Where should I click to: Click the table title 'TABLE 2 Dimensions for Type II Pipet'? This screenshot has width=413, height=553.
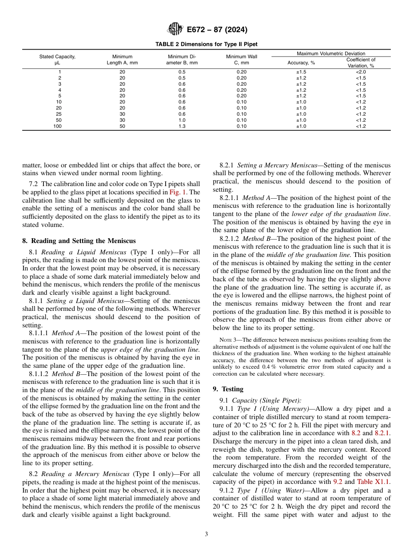[206, 44]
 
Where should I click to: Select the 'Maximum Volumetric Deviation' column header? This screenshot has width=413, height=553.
[331, 53]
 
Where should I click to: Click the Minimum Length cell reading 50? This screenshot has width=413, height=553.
[122, 126]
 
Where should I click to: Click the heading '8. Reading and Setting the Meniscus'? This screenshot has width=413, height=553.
[79, 240]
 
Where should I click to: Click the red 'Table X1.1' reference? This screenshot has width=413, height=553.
[373, 482]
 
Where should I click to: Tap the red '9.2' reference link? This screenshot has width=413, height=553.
[338, 482]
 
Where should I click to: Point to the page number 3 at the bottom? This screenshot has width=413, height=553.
[206, 534]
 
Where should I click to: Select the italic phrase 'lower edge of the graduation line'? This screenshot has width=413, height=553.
[340, 214]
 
